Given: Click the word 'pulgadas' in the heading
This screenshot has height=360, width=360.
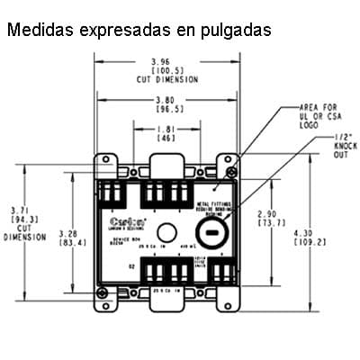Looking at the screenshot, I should [x=229, y=30].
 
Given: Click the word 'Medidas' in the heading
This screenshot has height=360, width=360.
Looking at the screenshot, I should [x=39, y=30].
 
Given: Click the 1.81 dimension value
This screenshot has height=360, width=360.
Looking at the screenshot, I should [x=166, y=131].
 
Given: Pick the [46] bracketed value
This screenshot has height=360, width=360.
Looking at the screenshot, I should [x=166, y=140].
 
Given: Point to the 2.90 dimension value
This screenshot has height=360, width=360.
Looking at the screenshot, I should [x=267, y=213].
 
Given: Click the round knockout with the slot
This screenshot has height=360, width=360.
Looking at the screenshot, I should [x=211, y=231].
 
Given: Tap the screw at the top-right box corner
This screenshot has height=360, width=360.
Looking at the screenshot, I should [x=231, y=172].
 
